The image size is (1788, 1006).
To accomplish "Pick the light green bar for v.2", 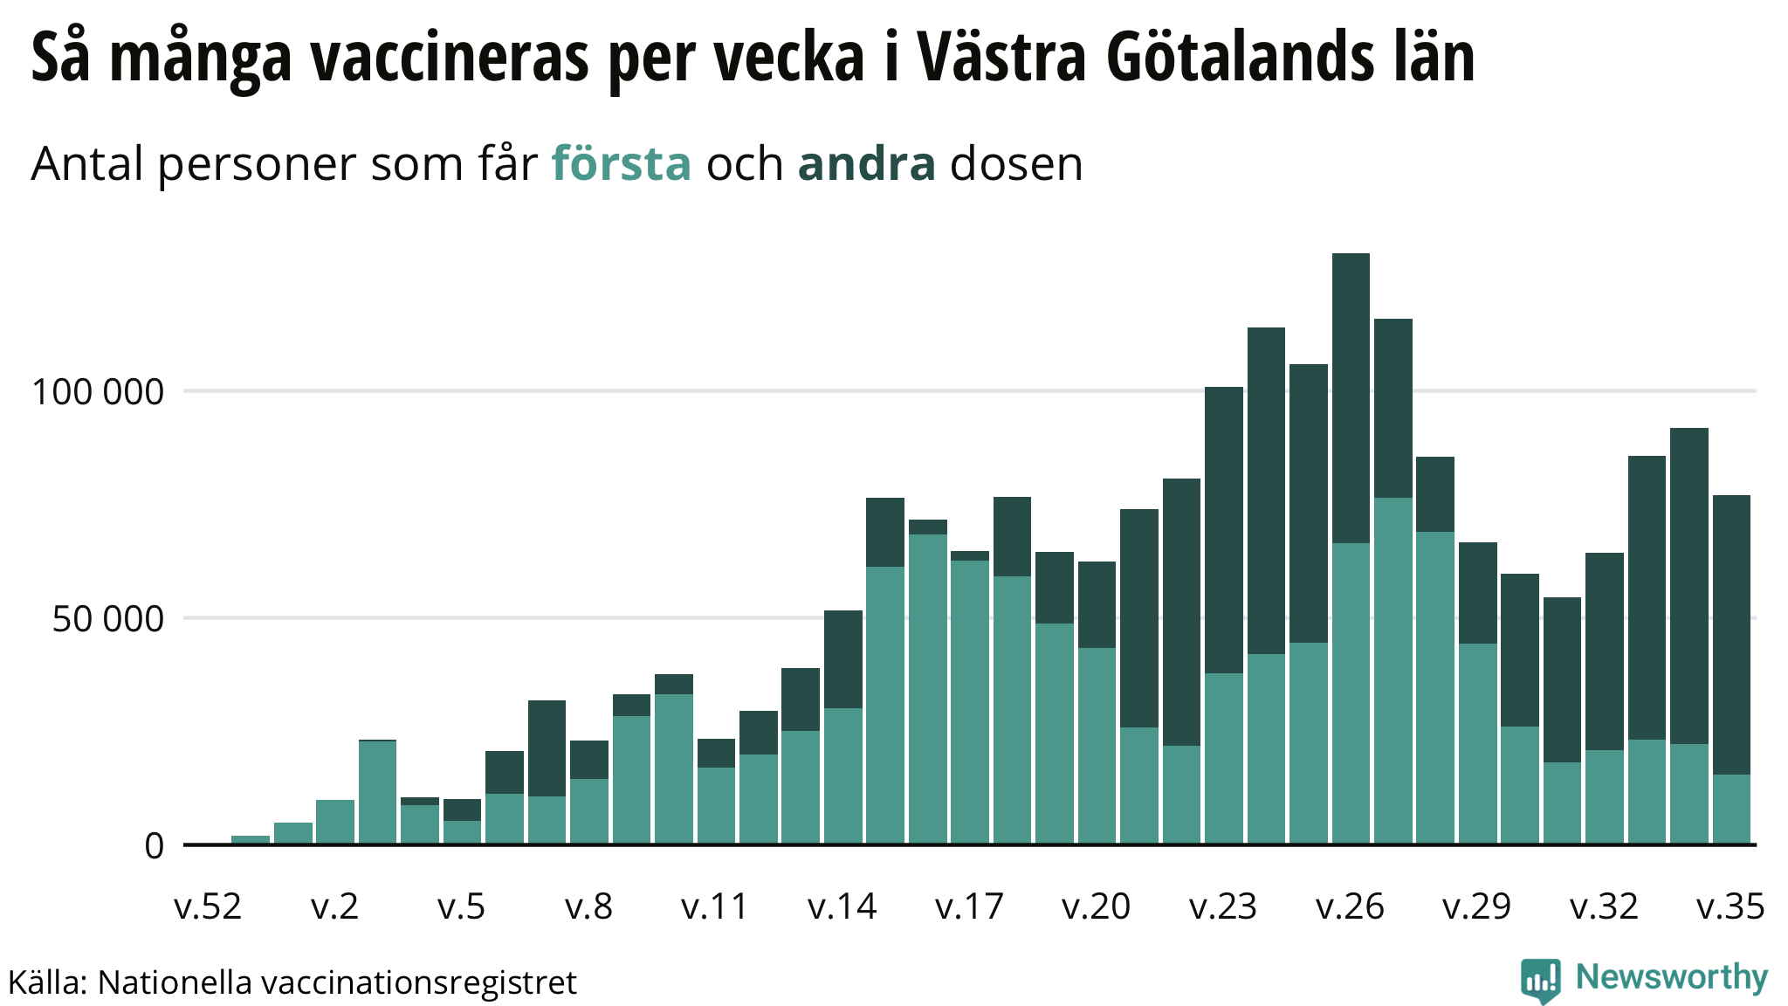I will tap(335, 822).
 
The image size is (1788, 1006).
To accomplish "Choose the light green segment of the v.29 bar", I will tap(1477, 743).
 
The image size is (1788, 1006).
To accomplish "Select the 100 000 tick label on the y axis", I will tap(97, 392).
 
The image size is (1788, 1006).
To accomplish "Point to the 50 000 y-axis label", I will tap(107, 619).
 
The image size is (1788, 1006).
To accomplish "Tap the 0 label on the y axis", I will tap(154, 846).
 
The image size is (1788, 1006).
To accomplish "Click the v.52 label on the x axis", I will tap(208, 907).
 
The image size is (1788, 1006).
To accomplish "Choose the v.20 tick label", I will tap(1097, 907).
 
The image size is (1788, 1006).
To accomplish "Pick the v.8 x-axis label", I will tap(588, 907).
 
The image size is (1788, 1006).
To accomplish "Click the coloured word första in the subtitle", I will tap(621, 163).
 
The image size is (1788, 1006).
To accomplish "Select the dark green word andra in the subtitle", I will tap(866, 163).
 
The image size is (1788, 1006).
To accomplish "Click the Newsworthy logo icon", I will tap(1540, 980).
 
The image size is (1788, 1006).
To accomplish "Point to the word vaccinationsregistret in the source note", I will tap(419, 983).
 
